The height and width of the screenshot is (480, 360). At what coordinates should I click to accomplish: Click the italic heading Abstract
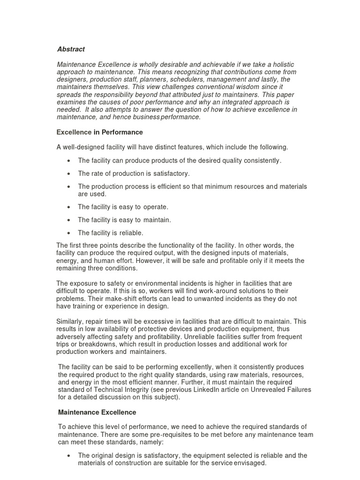pos(71,49)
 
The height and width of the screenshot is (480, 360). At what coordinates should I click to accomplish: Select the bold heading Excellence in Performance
pos(99,132)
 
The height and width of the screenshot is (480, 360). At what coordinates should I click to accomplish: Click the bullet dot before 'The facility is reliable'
pos(69,233)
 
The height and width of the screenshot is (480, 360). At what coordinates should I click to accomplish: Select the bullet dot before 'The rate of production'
pos(69,173)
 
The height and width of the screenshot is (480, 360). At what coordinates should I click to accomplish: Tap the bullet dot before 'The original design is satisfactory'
pos(69,455)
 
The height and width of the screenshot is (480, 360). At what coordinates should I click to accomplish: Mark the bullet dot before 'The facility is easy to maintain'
pos(69,220)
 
